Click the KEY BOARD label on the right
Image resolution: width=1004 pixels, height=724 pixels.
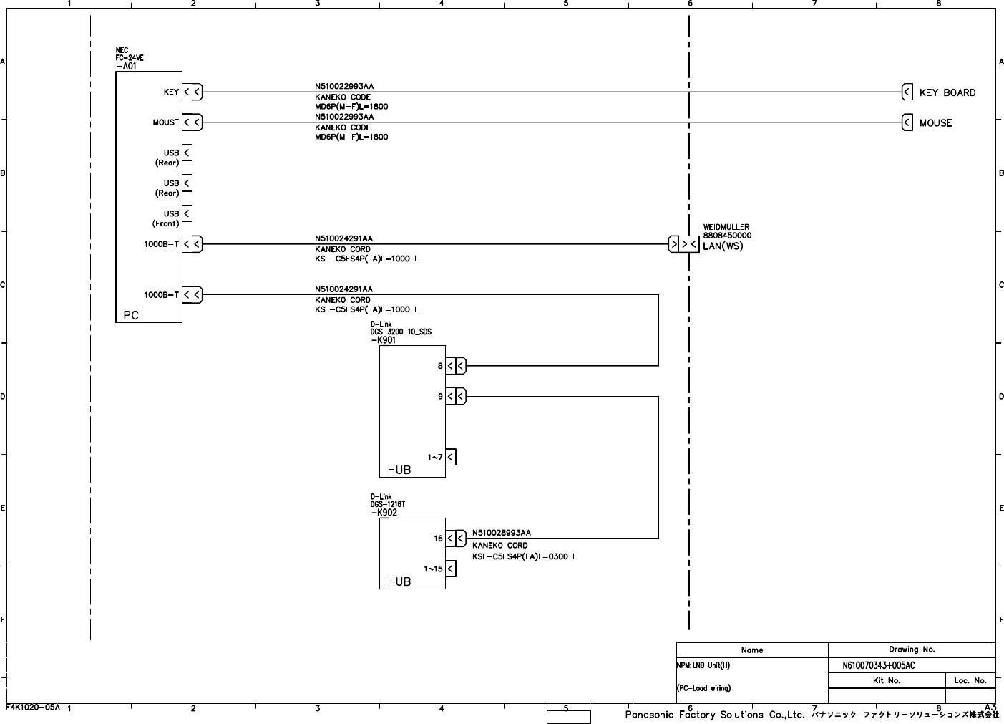(947, 92)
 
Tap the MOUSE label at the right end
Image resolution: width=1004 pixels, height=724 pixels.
(935, 123)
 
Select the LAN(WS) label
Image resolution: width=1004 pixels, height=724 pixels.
(723, 246)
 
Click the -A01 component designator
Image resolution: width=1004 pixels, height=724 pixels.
(126, 66)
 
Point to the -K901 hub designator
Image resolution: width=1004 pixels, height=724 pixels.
(384, 340)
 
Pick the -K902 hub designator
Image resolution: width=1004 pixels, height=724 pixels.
(384, 513)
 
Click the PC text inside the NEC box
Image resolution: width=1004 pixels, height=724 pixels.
(131, 315)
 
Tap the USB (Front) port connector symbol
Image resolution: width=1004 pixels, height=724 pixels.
(187, 213)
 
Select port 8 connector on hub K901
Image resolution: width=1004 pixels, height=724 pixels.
(456, 366)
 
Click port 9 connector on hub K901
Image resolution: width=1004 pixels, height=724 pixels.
(456, 396)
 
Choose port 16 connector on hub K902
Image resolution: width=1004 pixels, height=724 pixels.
(456, 538)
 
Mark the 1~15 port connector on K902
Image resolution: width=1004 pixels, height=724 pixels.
(451, 569)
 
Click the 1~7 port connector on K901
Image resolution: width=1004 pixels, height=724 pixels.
(451, 457)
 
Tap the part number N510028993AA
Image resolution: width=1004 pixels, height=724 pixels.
(501, 533)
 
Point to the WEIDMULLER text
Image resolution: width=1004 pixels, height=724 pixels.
(726, 227)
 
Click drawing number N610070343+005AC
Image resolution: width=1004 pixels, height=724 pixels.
(878, 665)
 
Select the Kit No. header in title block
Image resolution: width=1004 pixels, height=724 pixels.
(886, 681)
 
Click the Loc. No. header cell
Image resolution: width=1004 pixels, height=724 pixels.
(970, 681)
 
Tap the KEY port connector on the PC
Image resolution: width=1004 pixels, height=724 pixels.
(192, 92)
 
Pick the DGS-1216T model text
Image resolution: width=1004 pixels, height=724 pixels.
(388, 504)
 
